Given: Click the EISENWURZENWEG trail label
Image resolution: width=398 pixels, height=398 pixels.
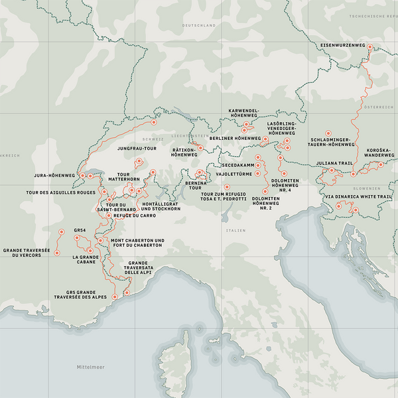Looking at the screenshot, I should [x=343, y=45].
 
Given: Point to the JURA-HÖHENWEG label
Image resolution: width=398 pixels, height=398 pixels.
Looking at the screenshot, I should [x=54, y=176].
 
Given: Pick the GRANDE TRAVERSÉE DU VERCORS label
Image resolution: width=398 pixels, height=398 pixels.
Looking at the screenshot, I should [x=27, y=253].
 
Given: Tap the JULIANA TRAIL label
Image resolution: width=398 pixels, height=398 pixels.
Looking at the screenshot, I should [x=335, y=162].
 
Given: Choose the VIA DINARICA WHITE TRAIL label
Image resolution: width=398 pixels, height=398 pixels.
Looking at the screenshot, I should [x=358, y=197].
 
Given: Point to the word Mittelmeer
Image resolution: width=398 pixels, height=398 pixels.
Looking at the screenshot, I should [x=91, y=366].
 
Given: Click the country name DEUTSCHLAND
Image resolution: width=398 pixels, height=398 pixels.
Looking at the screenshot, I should [x=199, y=25].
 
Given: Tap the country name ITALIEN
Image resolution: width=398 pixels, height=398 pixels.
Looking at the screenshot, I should [x=235, y=231].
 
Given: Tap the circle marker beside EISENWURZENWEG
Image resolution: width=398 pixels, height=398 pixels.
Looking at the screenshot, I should [x=371, y=46].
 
